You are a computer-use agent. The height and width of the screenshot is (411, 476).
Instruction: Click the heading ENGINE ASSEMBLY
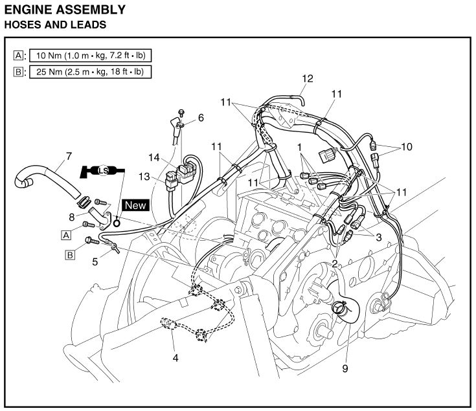click(x=65, y=10)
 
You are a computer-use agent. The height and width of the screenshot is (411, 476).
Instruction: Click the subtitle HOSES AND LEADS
click(x=55, y=26)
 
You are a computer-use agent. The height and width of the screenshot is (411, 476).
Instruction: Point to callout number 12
click(x=307, y=79)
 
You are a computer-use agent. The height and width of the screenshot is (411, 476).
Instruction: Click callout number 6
click(x=200, y=118)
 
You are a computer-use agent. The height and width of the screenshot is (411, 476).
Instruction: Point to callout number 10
click(x=406, y=147)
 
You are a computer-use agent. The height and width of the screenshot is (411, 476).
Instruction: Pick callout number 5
click(x=95, y=262)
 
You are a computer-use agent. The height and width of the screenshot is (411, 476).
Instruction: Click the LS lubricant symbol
click(x=102, y=172)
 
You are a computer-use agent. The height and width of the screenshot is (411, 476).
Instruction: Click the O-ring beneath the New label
click(x=117, y=223)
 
